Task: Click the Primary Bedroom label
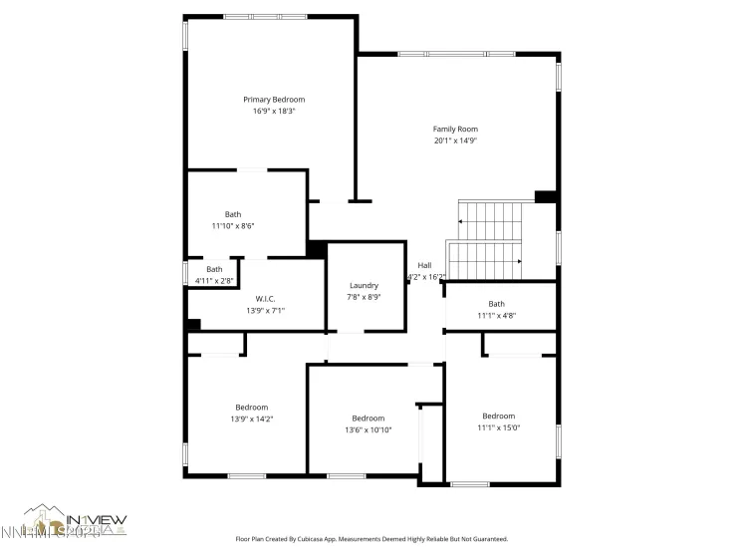tap(274, 100)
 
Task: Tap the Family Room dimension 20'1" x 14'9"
tap(455, 141)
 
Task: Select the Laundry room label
tap(364, 285)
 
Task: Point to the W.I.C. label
tap(265, 299)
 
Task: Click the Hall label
tap(424, 265)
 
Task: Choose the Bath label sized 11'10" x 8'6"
tap(232, 214)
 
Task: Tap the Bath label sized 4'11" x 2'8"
tap(214, 269)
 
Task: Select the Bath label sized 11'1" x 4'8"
tap(496, 304)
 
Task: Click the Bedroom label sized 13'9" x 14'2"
tap(252, 407)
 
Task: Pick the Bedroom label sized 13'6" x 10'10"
tap(368, 418)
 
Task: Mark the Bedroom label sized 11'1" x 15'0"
tap(498, 416)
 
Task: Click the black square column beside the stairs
tap(545, 196)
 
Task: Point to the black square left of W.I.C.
tap(193, 325)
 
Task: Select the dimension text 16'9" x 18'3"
tap(274, 112)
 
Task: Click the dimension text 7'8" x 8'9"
tap(364, 297)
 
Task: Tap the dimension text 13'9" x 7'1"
tap(265, 311)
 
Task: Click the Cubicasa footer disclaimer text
tap(372, 539)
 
